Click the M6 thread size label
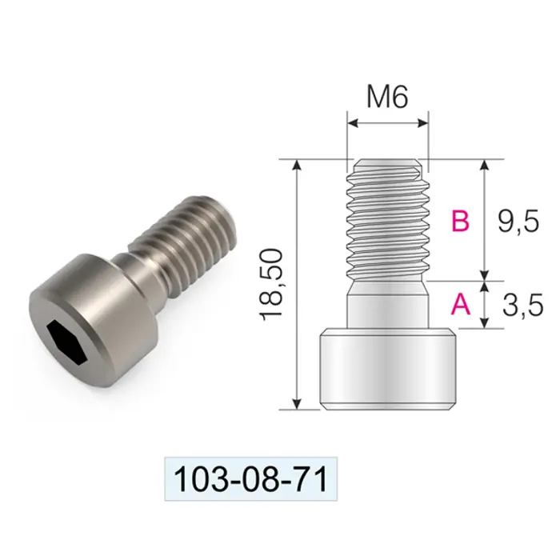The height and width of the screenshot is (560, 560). (x=387, y=97)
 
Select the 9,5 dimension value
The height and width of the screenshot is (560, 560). (x=518, y=222)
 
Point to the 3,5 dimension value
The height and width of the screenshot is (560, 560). (x=523, y=306)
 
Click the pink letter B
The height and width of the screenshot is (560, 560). (x=460, y=221)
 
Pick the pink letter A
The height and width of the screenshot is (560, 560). (x=461, y=304)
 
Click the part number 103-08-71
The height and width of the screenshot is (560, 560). (x=250, y=480)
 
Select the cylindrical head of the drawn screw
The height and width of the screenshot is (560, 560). (x=388, y=369)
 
